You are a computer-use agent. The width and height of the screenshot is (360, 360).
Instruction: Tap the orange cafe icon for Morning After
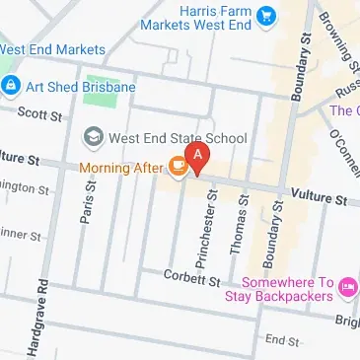[x=178, y=168]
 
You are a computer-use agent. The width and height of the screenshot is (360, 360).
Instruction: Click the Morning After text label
[x=122, y=169]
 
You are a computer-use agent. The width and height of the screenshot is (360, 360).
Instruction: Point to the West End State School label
[x=178, y=137]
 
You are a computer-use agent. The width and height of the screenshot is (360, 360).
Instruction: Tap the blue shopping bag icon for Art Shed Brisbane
[x=11, y=87]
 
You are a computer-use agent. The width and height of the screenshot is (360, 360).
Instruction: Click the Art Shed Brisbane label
[x=80, y=87]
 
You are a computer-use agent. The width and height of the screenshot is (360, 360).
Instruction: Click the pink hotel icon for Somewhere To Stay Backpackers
[x=346, y=287]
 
